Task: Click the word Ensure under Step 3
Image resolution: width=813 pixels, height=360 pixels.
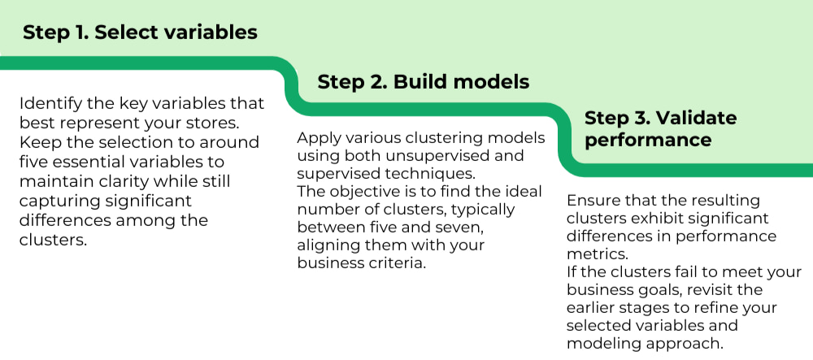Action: tap(593, 200)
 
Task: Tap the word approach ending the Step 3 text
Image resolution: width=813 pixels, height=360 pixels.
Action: tap(682, 344)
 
